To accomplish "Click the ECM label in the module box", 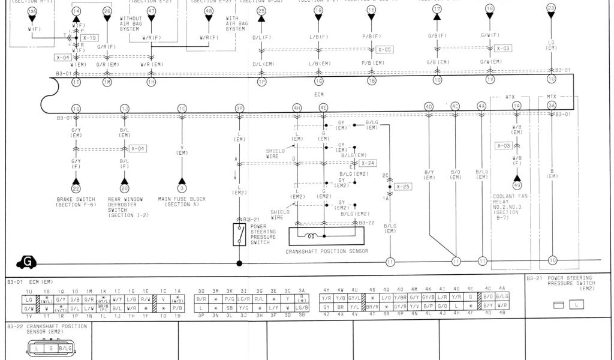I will coord(318,94).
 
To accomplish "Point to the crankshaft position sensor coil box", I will coord(324,236).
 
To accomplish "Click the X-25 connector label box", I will coord(404,187).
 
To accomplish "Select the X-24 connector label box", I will coord(368,163).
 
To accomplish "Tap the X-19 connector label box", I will coord(89,38).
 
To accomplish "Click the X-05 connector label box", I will coord(385,50).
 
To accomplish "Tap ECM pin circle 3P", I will coord(239,108).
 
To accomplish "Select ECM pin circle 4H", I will coord(297,108).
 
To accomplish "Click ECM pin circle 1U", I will coord(552,79).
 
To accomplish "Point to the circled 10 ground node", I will coord(552,260).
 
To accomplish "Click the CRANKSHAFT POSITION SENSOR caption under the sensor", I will coord(327,251).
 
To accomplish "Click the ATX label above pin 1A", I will coord(510,97).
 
